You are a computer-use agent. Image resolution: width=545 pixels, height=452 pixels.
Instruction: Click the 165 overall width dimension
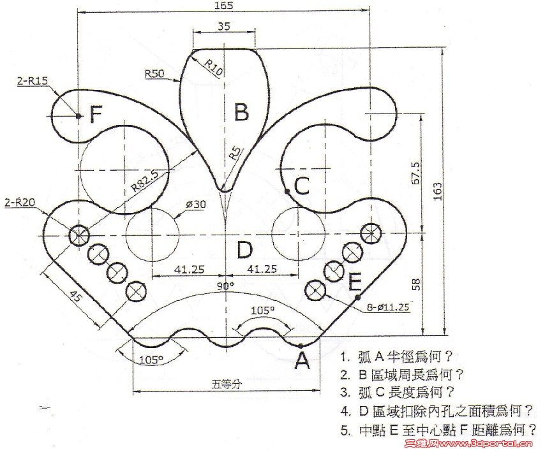click(x=224, y=5)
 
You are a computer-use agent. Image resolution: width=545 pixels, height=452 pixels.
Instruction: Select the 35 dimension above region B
click(x=224, y=26)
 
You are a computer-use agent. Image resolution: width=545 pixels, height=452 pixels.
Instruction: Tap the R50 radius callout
click(x=155, y=73)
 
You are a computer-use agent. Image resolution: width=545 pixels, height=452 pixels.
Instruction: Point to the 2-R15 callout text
click(x=32, y=81)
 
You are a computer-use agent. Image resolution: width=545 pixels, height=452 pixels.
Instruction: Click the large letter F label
click(x=96, y=114)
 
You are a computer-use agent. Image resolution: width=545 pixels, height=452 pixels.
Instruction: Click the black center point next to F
click(x=78, y=115)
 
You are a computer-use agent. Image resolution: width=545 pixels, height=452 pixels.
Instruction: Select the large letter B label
click(x=242, y=112)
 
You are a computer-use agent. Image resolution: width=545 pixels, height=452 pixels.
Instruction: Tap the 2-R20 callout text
click(x=20, y=202)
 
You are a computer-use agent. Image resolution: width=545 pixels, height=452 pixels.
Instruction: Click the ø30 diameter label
click(x=196, y=204)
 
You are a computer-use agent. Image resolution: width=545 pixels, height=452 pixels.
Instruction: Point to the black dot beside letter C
click(x=287, y=191)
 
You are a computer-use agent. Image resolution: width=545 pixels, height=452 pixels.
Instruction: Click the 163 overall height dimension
click(x=438, y=191)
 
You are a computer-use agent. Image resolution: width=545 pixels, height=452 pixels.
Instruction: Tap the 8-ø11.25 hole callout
click(x=388, y=307)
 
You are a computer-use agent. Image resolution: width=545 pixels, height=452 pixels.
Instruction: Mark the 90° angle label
click(x=225, y=286)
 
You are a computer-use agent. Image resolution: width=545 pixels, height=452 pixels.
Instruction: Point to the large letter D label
click(x=244, y=250)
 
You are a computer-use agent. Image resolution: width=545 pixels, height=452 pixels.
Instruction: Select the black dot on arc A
click(x=301, y=346)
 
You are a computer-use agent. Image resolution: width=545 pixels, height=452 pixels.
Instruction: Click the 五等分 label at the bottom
click(x=226, y=384)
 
